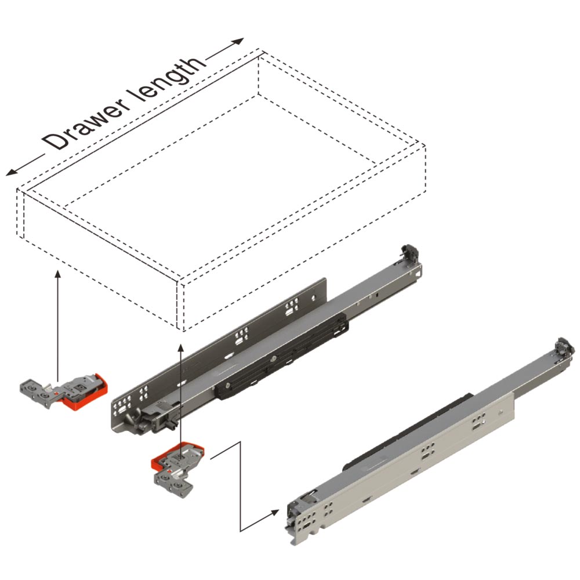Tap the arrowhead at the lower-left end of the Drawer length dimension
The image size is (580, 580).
(x=11, y=172)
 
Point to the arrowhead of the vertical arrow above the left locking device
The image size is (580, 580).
(x=57, y=274)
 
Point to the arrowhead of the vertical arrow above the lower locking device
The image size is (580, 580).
(x=180, y=348)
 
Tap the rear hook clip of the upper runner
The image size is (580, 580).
(x=410, y=253)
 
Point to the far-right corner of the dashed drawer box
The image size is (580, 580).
(x=425, y=147)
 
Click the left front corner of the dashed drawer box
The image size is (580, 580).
(x=18, y=190)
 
